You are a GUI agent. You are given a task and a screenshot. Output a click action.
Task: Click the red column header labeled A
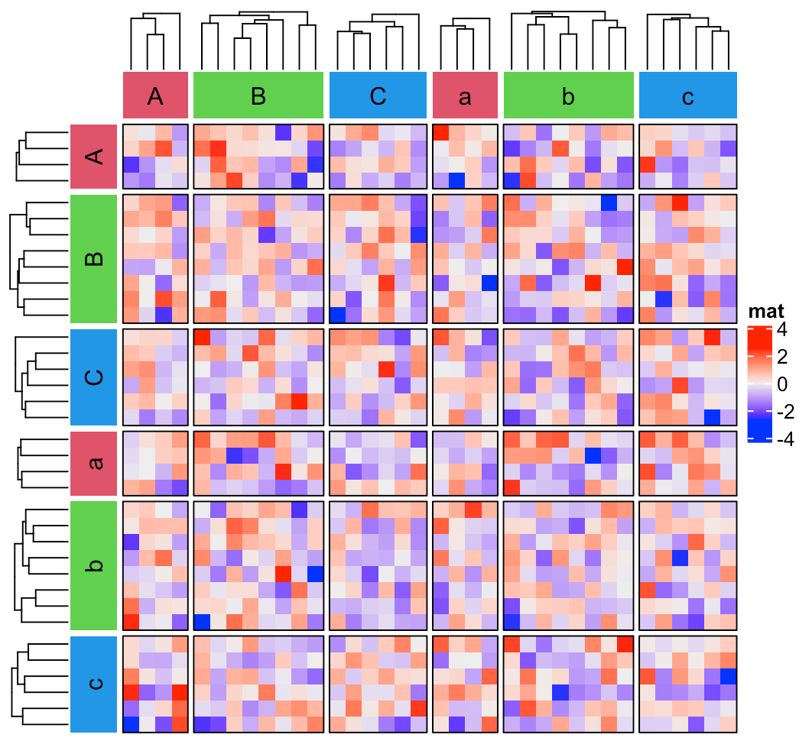155,95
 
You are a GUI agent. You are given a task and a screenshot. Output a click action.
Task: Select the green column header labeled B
258,95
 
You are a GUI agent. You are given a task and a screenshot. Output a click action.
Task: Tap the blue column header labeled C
378,95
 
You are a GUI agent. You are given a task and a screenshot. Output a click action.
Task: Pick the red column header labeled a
465,95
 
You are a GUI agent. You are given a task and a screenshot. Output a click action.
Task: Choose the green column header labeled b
568,95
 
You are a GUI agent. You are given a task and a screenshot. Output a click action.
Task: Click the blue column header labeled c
687,95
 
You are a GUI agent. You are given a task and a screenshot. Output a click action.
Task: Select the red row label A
93,157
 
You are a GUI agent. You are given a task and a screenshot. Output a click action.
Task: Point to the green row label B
93,258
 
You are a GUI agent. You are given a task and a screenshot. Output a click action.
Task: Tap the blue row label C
93,377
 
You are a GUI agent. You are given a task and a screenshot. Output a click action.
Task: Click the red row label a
93,463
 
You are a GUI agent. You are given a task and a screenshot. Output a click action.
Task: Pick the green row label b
93,565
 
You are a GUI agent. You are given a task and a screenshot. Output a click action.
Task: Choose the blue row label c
93,682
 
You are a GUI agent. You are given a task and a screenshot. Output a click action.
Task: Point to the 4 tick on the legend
782,331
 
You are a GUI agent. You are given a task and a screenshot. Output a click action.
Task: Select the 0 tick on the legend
782,385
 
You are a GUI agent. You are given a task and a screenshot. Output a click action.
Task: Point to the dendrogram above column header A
155,42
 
